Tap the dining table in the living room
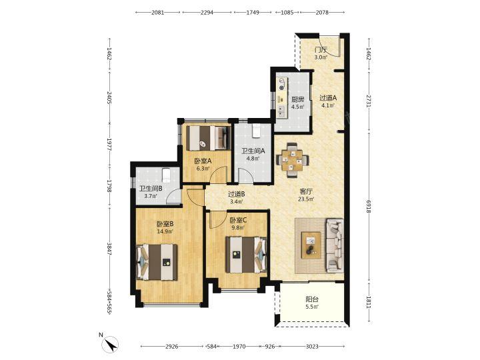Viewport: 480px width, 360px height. (292, 160)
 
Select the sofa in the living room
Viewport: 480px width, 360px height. (335, 245)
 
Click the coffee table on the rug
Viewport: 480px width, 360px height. (311, 245)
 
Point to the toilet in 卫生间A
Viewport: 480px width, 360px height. (256, 131)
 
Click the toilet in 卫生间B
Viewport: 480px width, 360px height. (166, 175)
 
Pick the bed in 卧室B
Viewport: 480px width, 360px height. (157, 262)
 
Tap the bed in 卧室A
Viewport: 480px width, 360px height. (209, 139)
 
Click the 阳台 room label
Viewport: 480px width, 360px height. (312, 299)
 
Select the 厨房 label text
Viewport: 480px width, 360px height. (297, 99)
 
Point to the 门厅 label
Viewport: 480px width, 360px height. (321, 49)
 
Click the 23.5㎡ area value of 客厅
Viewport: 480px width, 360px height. (306, 199)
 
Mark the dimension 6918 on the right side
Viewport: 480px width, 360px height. (369, 207)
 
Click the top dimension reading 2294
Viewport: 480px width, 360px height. (207, 13)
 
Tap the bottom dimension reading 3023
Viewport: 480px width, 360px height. (312, 347)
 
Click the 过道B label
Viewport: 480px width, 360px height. (236, 194)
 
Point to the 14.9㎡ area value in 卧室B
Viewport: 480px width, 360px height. (165, 231)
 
